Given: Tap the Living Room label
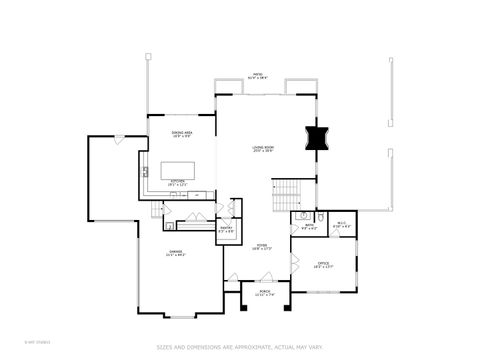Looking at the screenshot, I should coord(263,149).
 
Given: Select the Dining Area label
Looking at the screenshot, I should coord(181,134).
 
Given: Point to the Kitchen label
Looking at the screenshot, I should coord(176,182).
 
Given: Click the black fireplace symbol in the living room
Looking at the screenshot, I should coord(317,138).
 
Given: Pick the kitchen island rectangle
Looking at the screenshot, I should coord(178,167).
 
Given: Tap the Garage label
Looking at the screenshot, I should coord(176,253).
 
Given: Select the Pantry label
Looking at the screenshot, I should coord(227,230).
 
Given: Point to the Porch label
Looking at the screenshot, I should coord(265,293).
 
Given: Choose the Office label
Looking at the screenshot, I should coord(323,265).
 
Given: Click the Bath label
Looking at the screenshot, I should coord(311,227).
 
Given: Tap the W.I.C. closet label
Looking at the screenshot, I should coord(340,226).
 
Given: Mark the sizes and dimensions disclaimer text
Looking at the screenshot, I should coord(240,347).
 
